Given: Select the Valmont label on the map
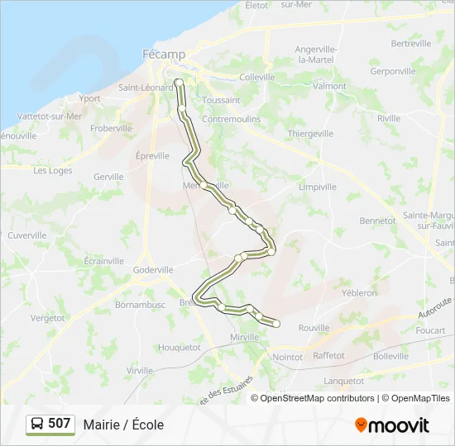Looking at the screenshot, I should click(330, 86).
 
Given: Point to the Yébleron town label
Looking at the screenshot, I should click(359, 292).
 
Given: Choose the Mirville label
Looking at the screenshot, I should click(245, 338).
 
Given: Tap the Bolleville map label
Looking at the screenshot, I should click(390, 356).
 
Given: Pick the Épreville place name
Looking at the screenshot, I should click(152, 155).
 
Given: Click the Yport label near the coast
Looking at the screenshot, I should click(89, 98).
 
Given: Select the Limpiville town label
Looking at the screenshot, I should click(318, 187).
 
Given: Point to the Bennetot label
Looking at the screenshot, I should click(377, 221).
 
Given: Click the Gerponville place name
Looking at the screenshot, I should click(393, 71).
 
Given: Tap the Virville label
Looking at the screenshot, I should click(140, 371).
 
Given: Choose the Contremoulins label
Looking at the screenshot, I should click(232, 119).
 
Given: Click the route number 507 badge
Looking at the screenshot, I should click(59, 424).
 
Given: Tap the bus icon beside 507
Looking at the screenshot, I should click(37, 424).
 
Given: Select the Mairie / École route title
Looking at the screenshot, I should click(123, 425).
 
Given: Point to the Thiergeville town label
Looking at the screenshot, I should click(310, 133).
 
